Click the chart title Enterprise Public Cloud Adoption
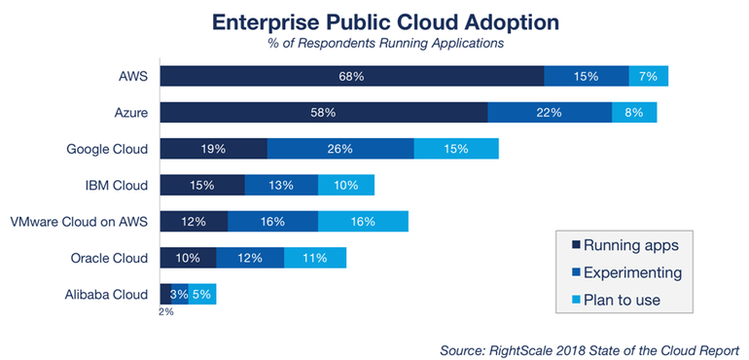(x=374, y=20)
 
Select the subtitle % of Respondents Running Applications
(x=374, y=43)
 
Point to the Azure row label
(x=129, y=112)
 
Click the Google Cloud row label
(x=107, y=149)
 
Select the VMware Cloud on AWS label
(x=79, y=221)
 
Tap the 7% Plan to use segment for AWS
(x=648, y=76)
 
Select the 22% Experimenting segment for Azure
(x=550, y=112)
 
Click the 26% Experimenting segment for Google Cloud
(x=340, y=149)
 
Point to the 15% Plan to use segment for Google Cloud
(x=456, y=149)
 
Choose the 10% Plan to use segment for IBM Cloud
(x=346, y=185)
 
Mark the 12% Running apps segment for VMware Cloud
(x=194, y=221)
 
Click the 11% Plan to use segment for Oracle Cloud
(x=315, y=258)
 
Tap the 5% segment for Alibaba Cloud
(x=202, y=294)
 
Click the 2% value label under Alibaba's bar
(x=164, y=312)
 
